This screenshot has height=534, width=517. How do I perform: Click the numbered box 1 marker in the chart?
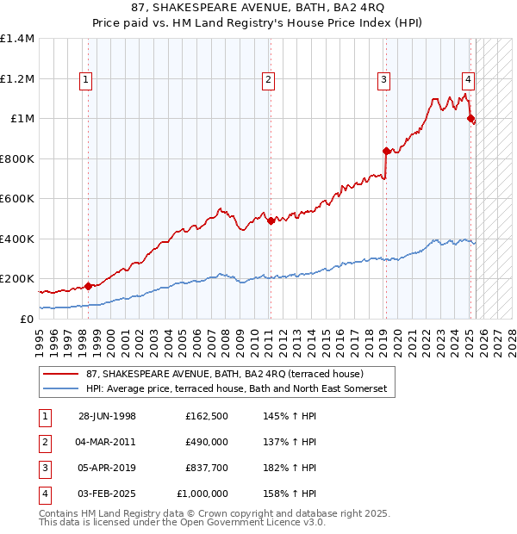point(87,80)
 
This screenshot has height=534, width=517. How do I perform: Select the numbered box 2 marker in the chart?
point(269,80)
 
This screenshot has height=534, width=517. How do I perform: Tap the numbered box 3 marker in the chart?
point(383,80)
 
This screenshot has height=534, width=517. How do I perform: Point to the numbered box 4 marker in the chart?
point(468,80)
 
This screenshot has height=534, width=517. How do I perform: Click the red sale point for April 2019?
point(386,151)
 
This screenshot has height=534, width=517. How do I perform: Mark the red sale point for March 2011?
point(271,220)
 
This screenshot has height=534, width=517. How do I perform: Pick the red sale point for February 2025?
point(470,119)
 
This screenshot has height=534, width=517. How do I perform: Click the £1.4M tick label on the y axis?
point(17,39)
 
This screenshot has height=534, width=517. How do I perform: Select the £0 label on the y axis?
point(28,319)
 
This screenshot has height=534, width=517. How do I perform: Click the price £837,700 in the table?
point(206,468)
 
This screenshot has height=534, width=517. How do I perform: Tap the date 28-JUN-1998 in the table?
point(107,416)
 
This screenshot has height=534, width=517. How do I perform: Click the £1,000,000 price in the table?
point(202,494)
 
